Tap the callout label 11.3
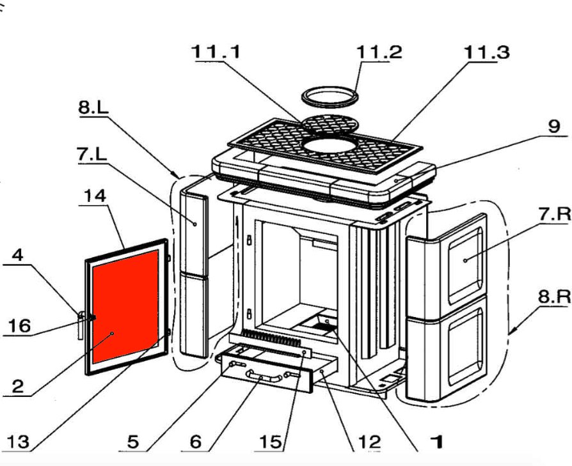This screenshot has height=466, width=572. [486, 52]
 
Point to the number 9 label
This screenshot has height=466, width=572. [553, 127]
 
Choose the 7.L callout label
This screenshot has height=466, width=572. [93, 155]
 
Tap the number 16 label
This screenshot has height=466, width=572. [19, 326]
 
